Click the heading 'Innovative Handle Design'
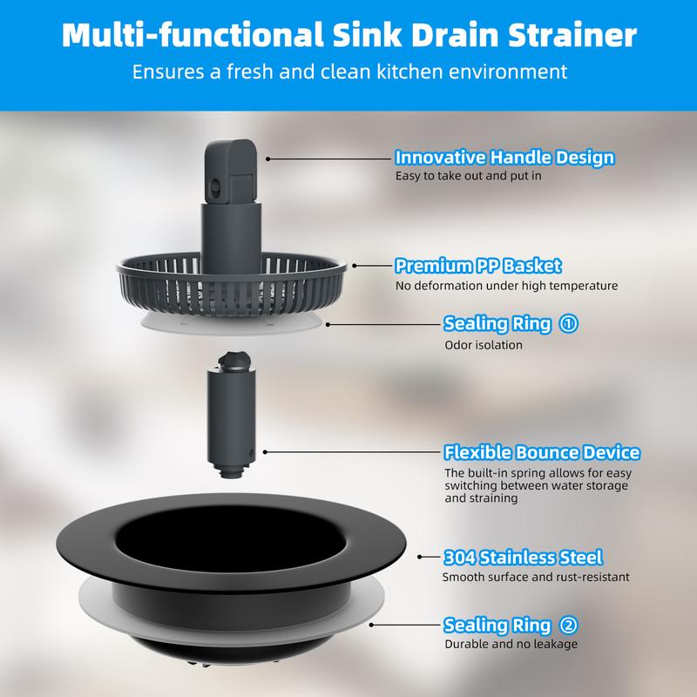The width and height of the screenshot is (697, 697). pos(504,158)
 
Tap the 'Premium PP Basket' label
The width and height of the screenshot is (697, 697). pos(477,266)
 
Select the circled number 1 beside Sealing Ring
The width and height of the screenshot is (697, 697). pos(568,323)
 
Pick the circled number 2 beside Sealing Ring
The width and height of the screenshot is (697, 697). pos(568,625)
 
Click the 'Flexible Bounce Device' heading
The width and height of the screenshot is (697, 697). pos(542,452)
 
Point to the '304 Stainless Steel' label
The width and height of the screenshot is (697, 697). pos(524,558)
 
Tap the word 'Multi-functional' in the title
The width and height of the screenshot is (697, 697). pos(192,35)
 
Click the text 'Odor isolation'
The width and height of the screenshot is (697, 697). pos(484,345)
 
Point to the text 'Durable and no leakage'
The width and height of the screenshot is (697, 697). pos(511,644)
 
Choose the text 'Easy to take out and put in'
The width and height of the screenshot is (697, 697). pos(469,176)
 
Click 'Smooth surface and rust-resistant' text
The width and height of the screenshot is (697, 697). pos(536,577)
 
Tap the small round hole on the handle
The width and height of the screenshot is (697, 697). pos(215,186)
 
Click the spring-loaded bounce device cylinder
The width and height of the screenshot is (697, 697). pos(232,416)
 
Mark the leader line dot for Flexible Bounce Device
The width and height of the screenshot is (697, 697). pos(265,452)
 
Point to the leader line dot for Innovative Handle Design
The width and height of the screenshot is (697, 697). pos(268,159)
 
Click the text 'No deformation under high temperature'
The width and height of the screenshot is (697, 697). pos(507,286)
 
